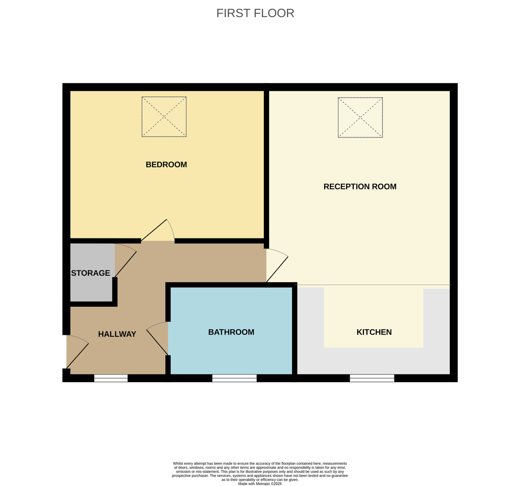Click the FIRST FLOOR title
point(255,13)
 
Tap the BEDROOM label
point(166,164)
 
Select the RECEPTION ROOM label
point(360,187)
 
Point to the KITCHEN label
point(374,332)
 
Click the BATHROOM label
point(231,332)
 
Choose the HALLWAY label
point(117,334)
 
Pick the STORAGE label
point(91,273)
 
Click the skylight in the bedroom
point(164,117)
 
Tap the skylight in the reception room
point(360,117)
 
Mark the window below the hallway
point(111,378)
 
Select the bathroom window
point(234,378)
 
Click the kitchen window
point(372,378)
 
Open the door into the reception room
point(276,265)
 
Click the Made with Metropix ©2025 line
point(260,484)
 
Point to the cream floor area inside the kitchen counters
point(373,316)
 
